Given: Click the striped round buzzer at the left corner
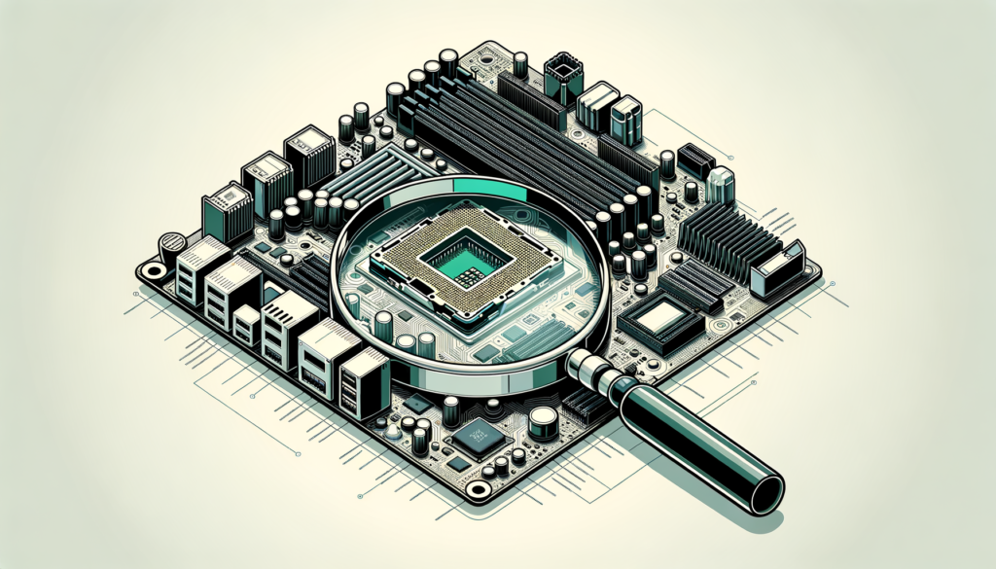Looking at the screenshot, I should coord(171,242).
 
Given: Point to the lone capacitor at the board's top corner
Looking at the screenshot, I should coord(521,64).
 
